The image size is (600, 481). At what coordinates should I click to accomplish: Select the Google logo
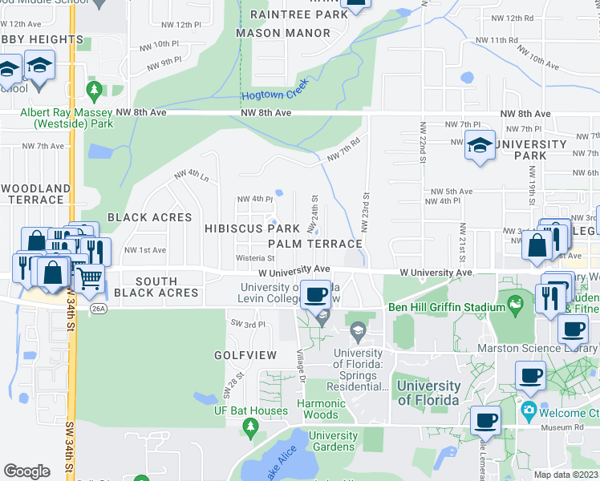26,471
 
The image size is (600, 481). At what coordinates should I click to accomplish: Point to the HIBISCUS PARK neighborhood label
252,229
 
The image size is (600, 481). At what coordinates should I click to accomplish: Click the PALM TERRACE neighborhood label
315,243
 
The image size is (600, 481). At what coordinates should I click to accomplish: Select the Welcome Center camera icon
529,413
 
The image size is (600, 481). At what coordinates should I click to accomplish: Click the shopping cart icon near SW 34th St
90,278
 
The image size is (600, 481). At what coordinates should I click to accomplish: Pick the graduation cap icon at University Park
480,146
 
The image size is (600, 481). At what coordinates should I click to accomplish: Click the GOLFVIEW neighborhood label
245,354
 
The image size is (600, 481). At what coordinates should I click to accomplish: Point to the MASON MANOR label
283,33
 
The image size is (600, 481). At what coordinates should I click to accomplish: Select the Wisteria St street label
255,258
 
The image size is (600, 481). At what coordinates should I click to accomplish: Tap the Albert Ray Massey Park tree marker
95,88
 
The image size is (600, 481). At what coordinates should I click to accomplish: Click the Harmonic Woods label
322,409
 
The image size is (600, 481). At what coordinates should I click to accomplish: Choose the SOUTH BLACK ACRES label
156,287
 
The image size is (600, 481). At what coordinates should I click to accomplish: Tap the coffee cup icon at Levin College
317,293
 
